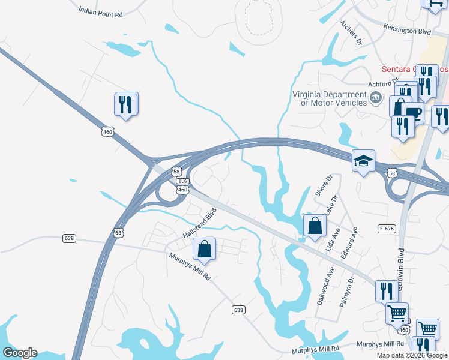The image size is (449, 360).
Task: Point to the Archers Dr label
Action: [351, 33]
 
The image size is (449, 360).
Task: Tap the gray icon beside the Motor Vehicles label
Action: [376, 98]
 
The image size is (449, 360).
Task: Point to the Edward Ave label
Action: [349, 243]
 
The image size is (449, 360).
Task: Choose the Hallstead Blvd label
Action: [199, 223]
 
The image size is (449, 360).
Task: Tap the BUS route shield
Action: [183, 181]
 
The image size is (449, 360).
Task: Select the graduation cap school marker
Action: [363, 160]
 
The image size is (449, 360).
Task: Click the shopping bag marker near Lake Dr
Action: [315, 226]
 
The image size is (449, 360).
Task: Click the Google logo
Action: [20, 353]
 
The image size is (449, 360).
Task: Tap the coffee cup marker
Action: [413, 112]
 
